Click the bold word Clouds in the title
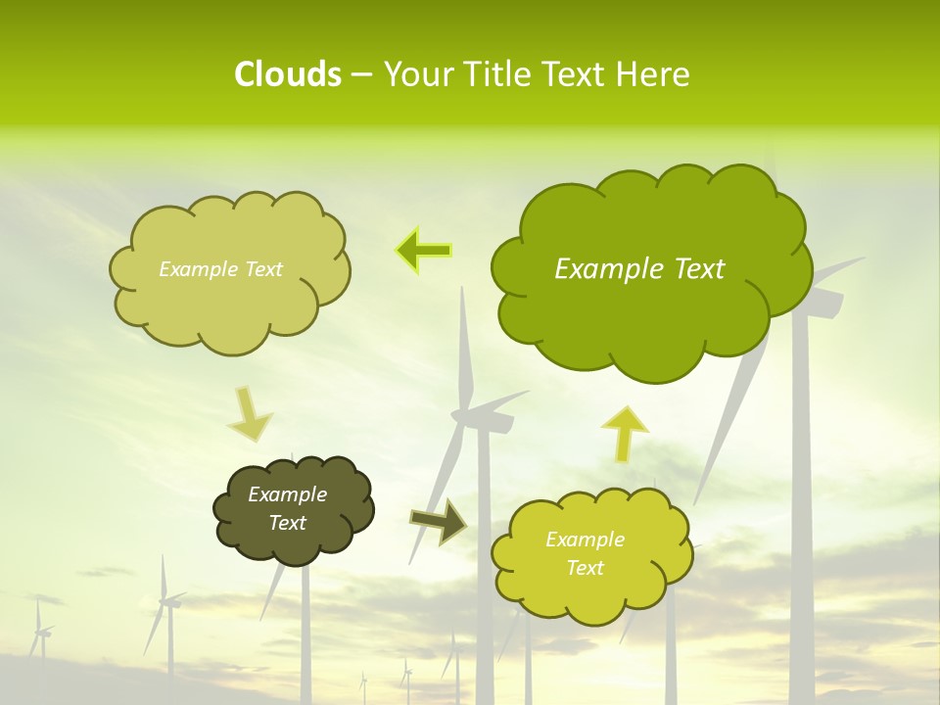pyautogui.click(x=287, y=74)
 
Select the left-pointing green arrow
pyautogui.click(x=424, y=251)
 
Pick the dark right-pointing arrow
pyautogui.click(x=438, y=521)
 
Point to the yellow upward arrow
pyautogui.click(x=625, y=432)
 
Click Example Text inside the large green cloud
pyautogui.click(x=639, y=269)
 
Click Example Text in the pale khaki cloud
pyautogui.click(x=220, y=269)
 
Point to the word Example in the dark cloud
pyautogui.click(x=287, y=495)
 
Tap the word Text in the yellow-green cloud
pyautogui.click(x=585, y=568)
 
